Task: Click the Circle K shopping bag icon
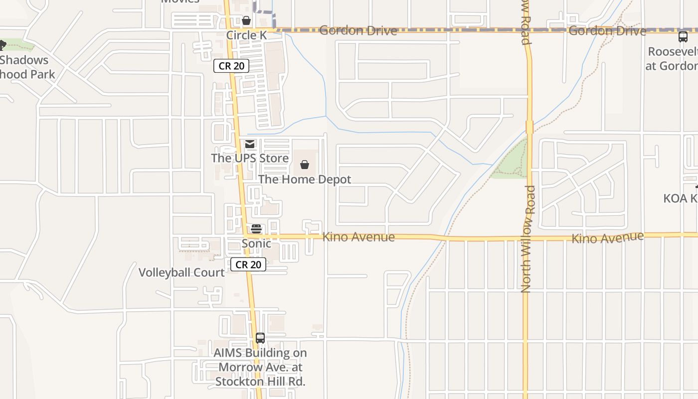coord(246,20)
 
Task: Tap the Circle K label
coord(246,35)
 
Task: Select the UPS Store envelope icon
coord(250,144)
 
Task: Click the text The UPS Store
coord(250,158)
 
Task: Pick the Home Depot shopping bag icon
coord(305,165)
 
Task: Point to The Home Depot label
coord(305,179)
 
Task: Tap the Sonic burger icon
coord(256,229)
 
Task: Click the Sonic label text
coord(256,243)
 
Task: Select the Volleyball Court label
coord(181,272)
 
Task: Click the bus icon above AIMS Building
coord(260,338)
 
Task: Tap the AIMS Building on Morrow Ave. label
coord(260,367)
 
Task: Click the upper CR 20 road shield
coord(231,65)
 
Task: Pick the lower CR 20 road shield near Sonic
coord(248,264)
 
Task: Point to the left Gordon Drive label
coord(358,30)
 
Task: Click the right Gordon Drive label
coord(607,31)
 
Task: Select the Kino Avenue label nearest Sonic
coord(358,237)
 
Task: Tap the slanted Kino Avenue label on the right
coord(607,237)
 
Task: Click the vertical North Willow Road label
coord(528,238)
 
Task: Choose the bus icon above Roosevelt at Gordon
coord(683,37)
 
